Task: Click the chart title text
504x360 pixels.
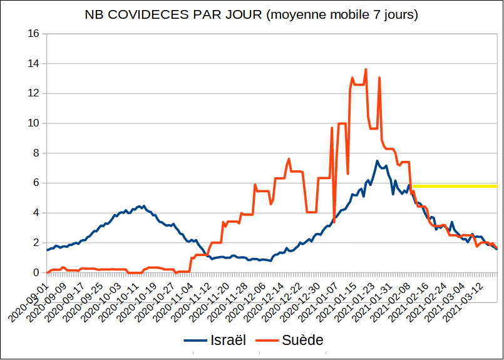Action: click(251, 14)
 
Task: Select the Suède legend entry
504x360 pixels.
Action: click(294, 340)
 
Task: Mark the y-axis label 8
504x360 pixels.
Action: click(36, 153)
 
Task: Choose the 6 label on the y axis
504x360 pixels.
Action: click(36, 183)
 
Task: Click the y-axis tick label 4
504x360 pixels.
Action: click(36, 213)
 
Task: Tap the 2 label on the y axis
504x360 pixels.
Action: click(36, 243)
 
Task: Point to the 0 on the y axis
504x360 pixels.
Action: click(36, 273)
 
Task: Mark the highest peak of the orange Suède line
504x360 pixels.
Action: click(366, 69)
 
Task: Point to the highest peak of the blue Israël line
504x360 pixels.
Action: click(378, 161)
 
